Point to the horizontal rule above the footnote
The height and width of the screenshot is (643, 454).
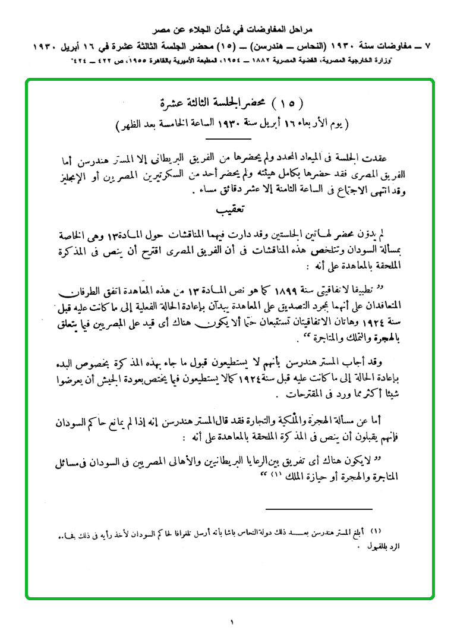click(x=318, y=509)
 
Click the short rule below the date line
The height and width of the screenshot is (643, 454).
click(x=229, y=138)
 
